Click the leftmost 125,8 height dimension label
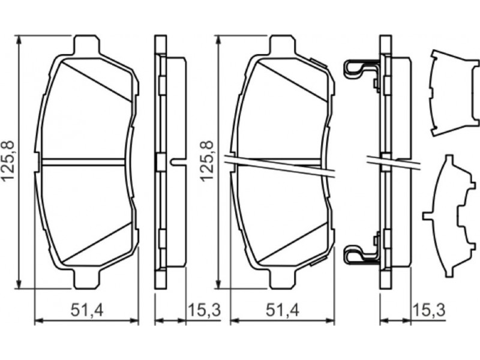coord(8,161)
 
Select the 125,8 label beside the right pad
coord(206,161)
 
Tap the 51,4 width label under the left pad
coord(87,310)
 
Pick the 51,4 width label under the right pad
coord(282,310)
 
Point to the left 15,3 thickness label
coord(204,310)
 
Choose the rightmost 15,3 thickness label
coord(429,310)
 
